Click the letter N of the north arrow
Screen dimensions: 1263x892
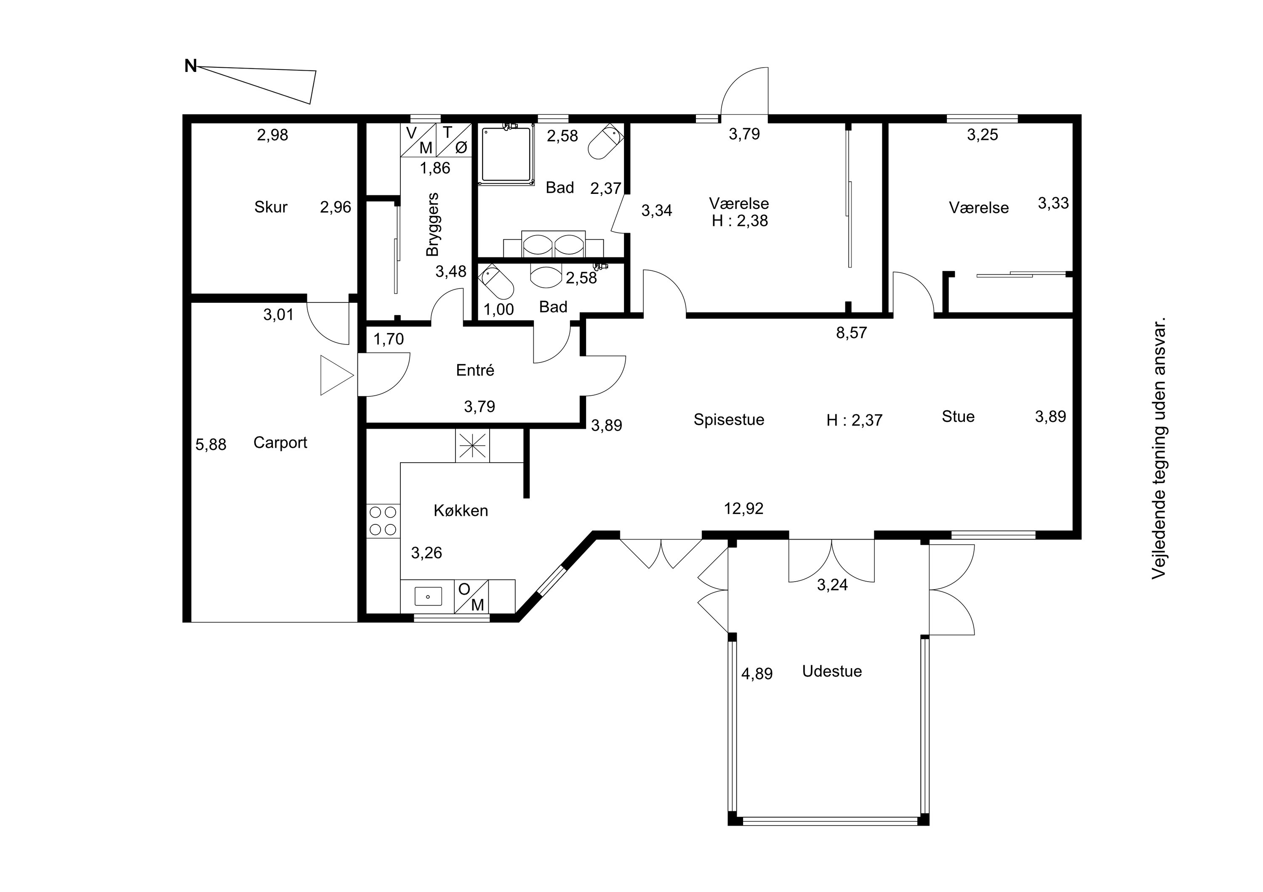[190, 66]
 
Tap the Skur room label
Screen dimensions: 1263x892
[271, 207]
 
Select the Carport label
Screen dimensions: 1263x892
[280, 443]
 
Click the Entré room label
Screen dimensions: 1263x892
[475, 370]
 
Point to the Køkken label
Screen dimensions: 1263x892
[461, 511]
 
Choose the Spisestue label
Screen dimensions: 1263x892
[729, 420]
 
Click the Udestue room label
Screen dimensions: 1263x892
[832, 671]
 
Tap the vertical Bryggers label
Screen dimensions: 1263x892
[433, 224]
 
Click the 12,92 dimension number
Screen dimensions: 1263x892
[744, 509]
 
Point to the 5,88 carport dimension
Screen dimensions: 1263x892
[210, 445]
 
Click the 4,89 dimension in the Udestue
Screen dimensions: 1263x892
[757, 674]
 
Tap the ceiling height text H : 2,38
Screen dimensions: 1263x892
[740, 221]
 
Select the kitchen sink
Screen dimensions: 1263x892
[428, 596]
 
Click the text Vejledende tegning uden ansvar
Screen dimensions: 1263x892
[1159, 448]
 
